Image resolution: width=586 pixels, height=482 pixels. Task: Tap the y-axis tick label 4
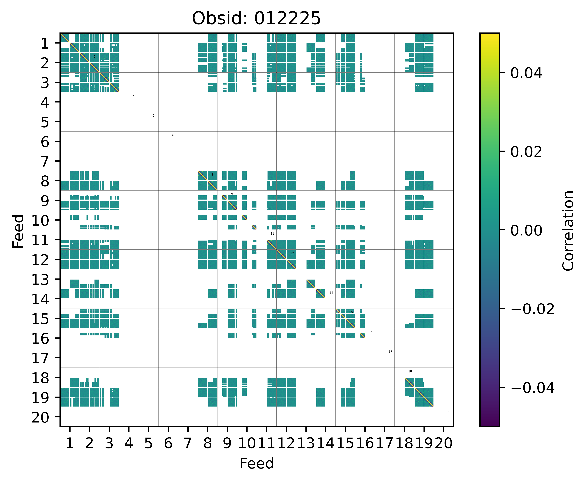coord(45,102)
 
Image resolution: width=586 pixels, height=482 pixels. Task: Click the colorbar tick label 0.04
coord(526,73)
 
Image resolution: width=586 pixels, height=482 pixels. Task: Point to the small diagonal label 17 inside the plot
coord(390,352)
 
